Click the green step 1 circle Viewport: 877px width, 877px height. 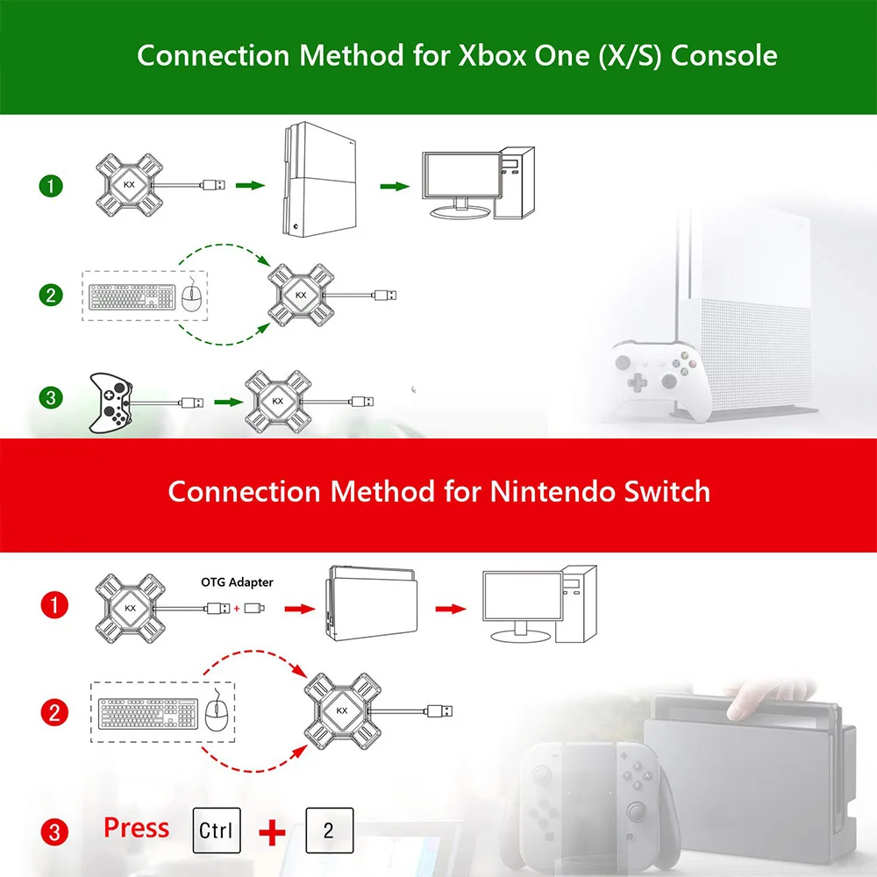pos(52,186)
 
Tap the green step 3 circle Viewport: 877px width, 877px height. pos(52,398)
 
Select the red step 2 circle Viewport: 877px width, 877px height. pos(54,713)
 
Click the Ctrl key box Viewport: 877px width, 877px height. pos(216,830)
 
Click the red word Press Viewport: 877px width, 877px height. pos(136,827)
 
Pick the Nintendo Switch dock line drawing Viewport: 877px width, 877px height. pos(372,606)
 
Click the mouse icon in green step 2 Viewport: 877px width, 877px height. pos(191,297)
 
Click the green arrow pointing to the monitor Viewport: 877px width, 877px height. pos(395,186)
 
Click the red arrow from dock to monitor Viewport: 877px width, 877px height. pos(452,607)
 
